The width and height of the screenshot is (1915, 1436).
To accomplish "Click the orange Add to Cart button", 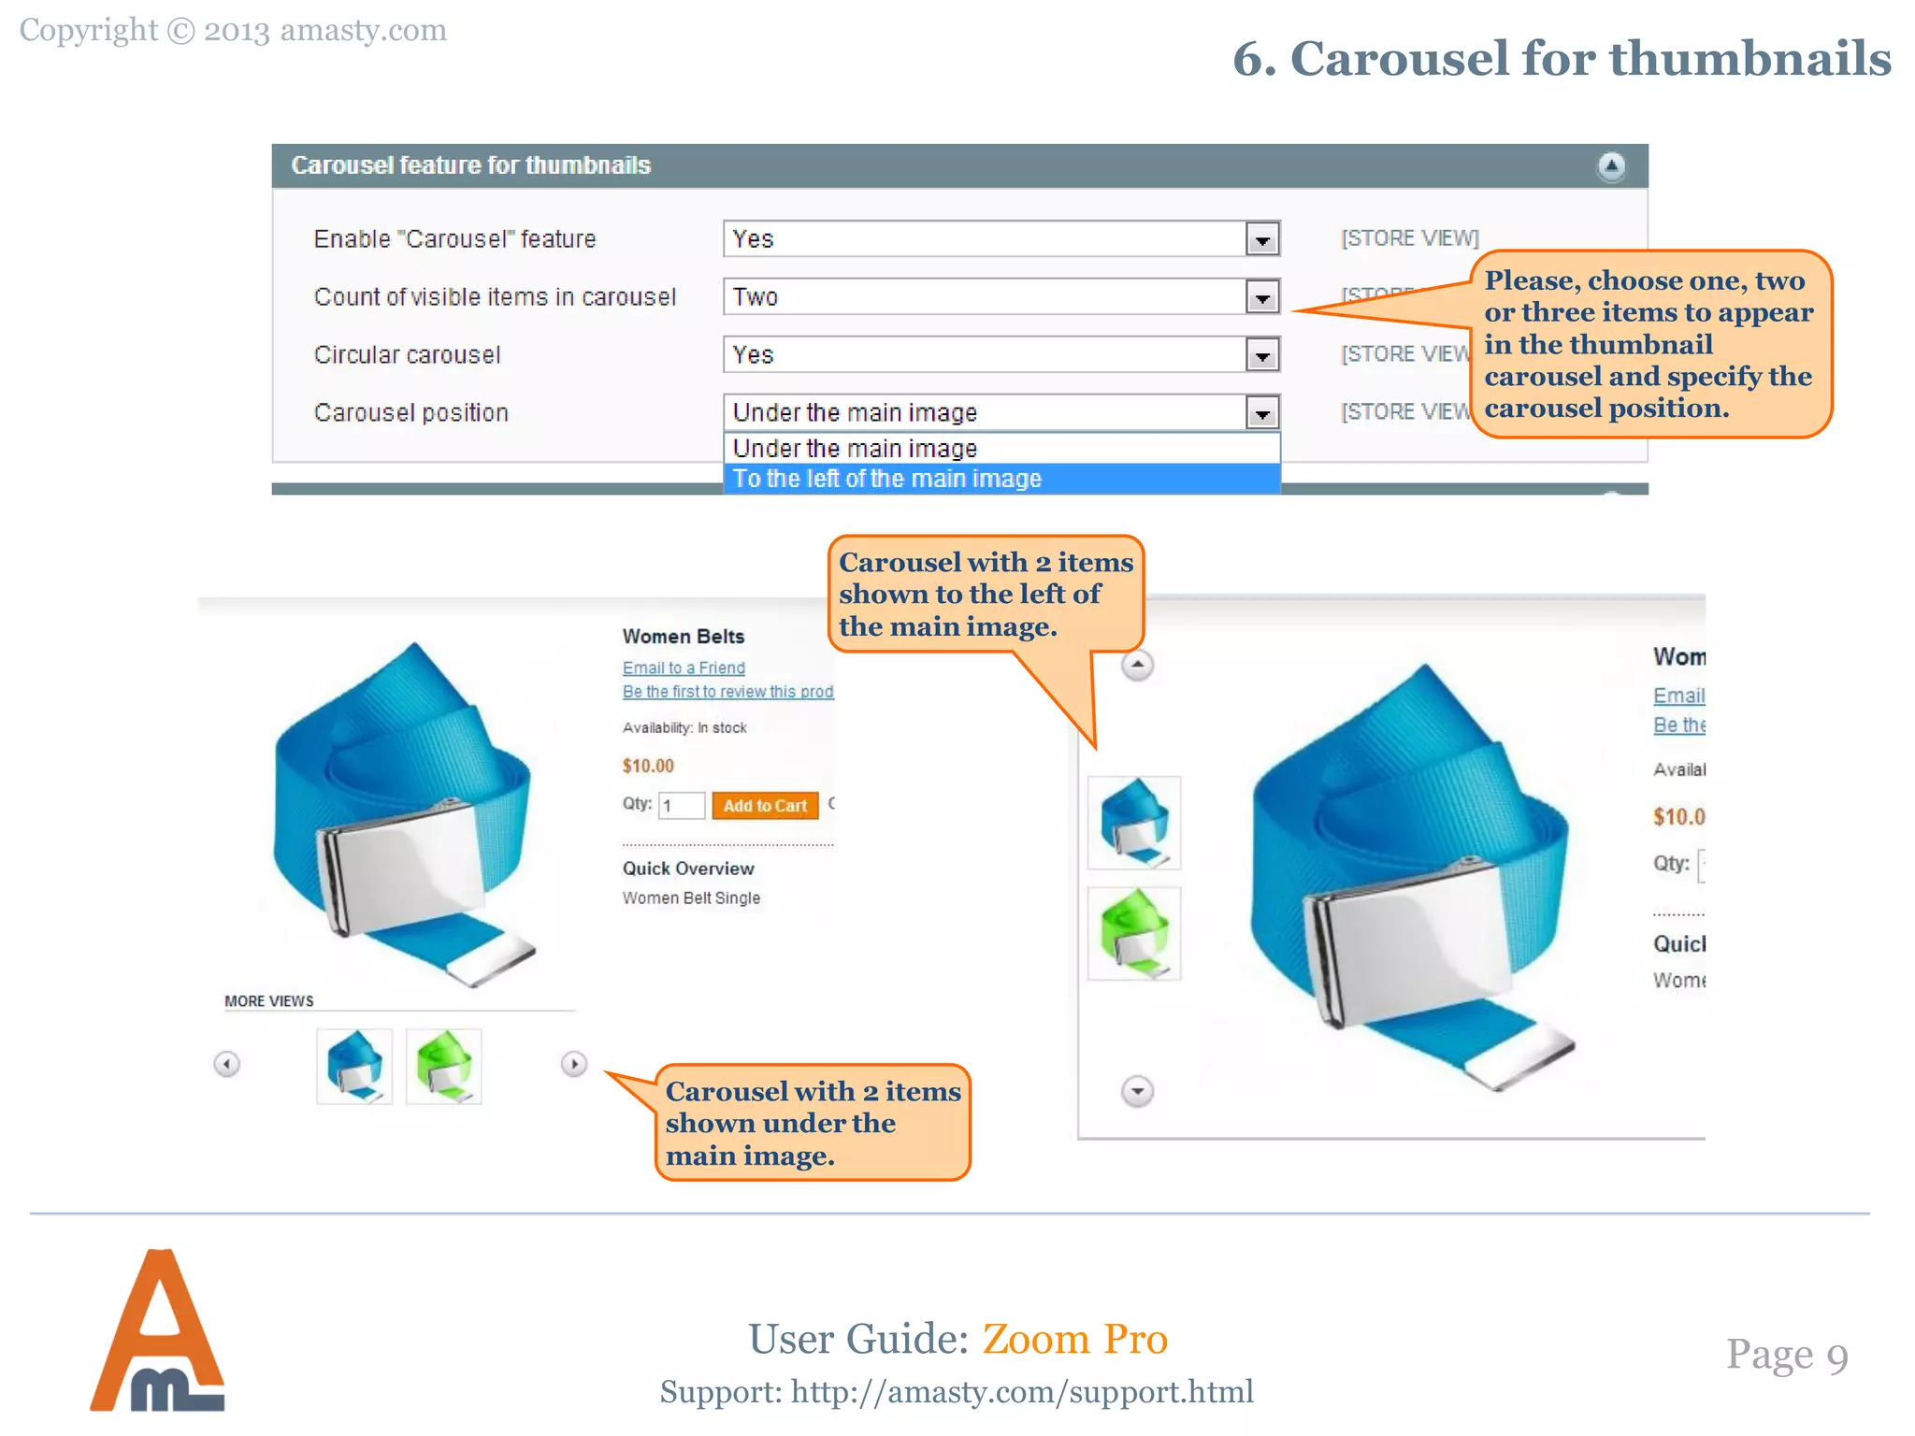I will [x=765, y=806].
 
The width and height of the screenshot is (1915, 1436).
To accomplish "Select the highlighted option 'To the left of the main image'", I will [x=886, y=479].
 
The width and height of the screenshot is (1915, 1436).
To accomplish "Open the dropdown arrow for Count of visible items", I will [x=1262, y=297].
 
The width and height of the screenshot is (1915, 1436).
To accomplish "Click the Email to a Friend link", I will [x=684, y=668].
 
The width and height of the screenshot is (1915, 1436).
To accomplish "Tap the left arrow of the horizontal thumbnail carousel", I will [x=226, y=1064].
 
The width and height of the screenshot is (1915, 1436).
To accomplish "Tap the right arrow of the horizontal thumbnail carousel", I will [x=574, y=1064].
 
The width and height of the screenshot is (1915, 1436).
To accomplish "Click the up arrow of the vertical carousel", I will [x=1137, y=666].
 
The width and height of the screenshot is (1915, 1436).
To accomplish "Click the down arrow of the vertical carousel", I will [x=1137, y=1091].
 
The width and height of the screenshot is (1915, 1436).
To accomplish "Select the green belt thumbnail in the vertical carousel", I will [x=1134, y=933].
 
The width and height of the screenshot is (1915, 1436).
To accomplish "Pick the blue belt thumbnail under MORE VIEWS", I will [x=354, y=1066].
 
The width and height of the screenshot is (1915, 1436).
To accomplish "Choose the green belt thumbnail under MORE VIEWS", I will [x=444, y=1066].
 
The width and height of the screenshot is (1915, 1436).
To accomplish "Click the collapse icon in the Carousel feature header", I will [x=1611, y=166].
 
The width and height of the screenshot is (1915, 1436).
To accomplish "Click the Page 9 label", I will [x=1787, y=1355].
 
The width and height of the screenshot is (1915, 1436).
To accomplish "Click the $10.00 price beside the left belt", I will [x=648, y=766].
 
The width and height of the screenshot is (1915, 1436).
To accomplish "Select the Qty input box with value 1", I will [x=682, y=806].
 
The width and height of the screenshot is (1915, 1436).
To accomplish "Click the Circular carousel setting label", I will [x=407, y=355].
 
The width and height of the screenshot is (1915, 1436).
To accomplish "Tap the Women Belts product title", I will [x=684, y=637].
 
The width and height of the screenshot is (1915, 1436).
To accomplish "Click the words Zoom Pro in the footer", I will [x=1074, y=1339].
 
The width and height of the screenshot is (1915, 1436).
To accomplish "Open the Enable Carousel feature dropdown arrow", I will [x=1262, y=239].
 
